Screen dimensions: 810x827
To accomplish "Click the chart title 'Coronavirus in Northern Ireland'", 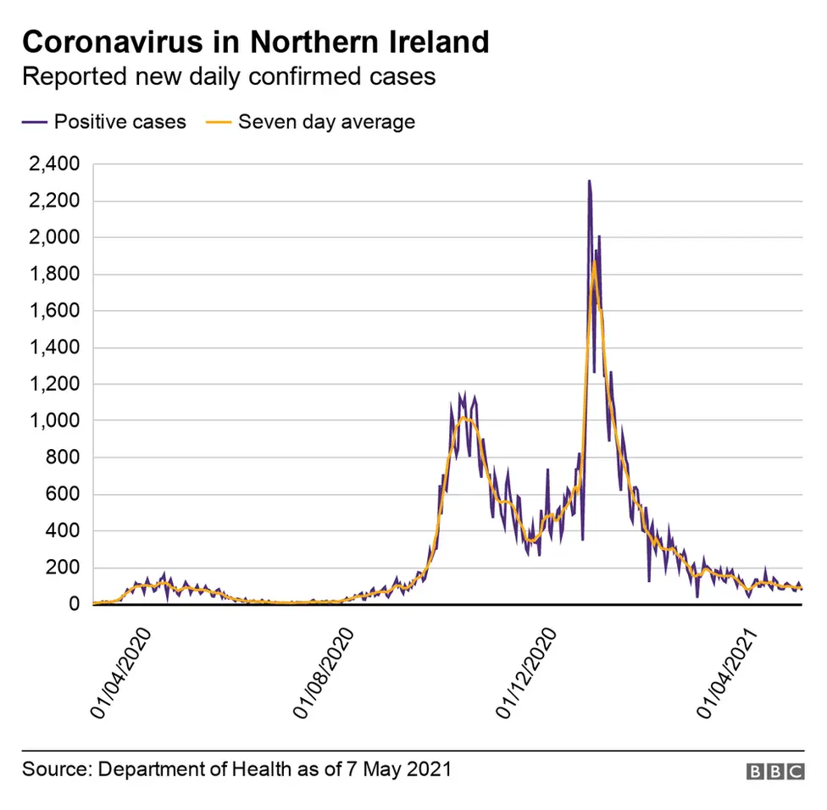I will pos(255,42).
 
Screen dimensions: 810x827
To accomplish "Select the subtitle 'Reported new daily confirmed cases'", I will pos(228,76).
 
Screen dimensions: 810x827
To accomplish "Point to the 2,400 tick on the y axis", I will pos(54,164).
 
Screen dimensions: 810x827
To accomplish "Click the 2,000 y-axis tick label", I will pos(54,238).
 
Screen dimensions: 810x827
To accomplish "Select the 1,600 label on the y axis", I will pos(54,311).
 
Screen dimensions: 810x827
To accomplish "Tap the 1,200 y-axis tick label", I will pos(54,385).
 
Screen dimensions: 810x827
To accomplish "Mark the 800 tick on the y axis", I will pos(64,458).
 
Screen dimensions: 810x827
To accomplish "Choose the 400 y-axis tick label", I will pos(64,531).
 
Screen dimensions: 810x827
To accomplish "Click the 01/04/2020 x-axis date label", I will pos(120,674).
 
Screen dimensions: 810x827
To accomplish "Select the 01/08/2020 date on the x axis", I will pos(325,674).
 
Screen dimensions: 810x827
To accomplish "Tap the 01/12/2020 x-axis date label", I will pos(527,674).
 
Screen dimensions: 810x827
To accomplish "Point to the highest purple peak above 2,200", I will pos(589,181).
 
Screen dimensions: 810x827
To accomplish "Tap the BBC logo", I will pos(774,771).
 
